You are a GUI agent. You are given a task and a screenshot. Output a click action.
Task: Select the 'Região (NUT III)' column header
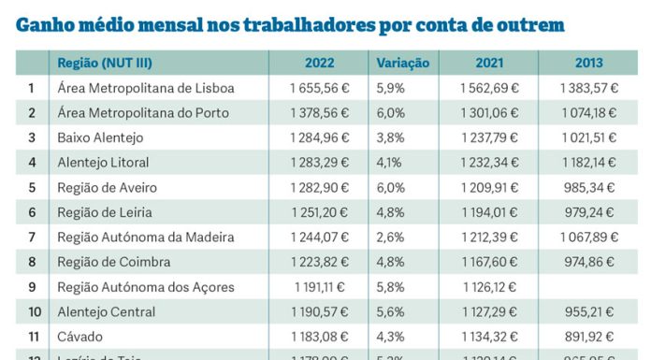pyautogui.click(x=105, y=64)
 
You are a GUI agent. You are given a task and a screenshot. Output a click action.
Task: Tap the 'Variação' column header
pyautogui.click(x=402, y=64)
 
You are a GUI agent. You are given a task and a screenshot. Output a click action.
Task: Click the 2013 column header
pyautogui.click(x=589, y=64)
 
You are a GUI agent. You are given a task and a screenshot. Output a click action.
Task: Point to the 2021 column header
pyautogui.click(x=491, y=64)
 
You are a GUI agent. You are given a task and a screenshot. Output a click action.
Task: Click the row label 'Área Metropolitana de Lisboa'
pyautogui.click(x=145, y=88)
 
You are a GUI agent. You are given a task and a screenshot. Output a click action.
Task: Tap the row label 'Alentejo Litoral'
pyautogui.click(x=103, y=163)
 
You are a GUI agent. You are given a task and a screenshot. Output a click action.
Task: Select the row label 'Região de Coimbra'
pyautogui.click(x=111, y=262)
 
